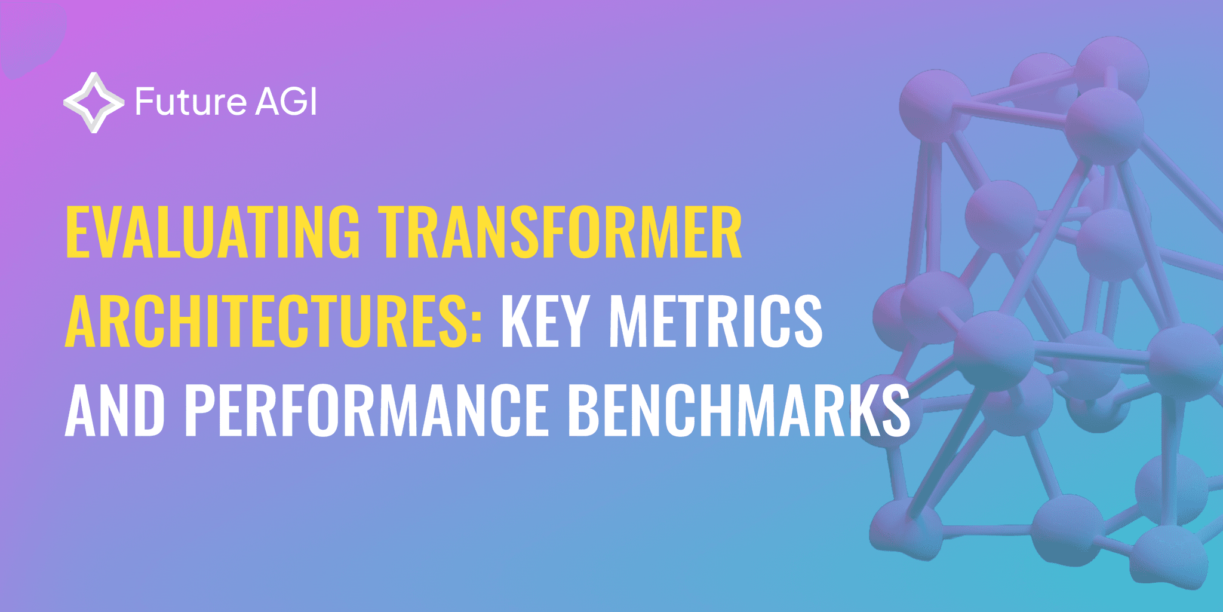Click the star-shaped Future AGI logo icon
click(94, 102)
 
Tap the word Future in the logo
click(190, 102)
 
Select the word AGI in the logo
click(285, 102)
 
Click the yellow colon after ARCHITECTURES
click(476, 326)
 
